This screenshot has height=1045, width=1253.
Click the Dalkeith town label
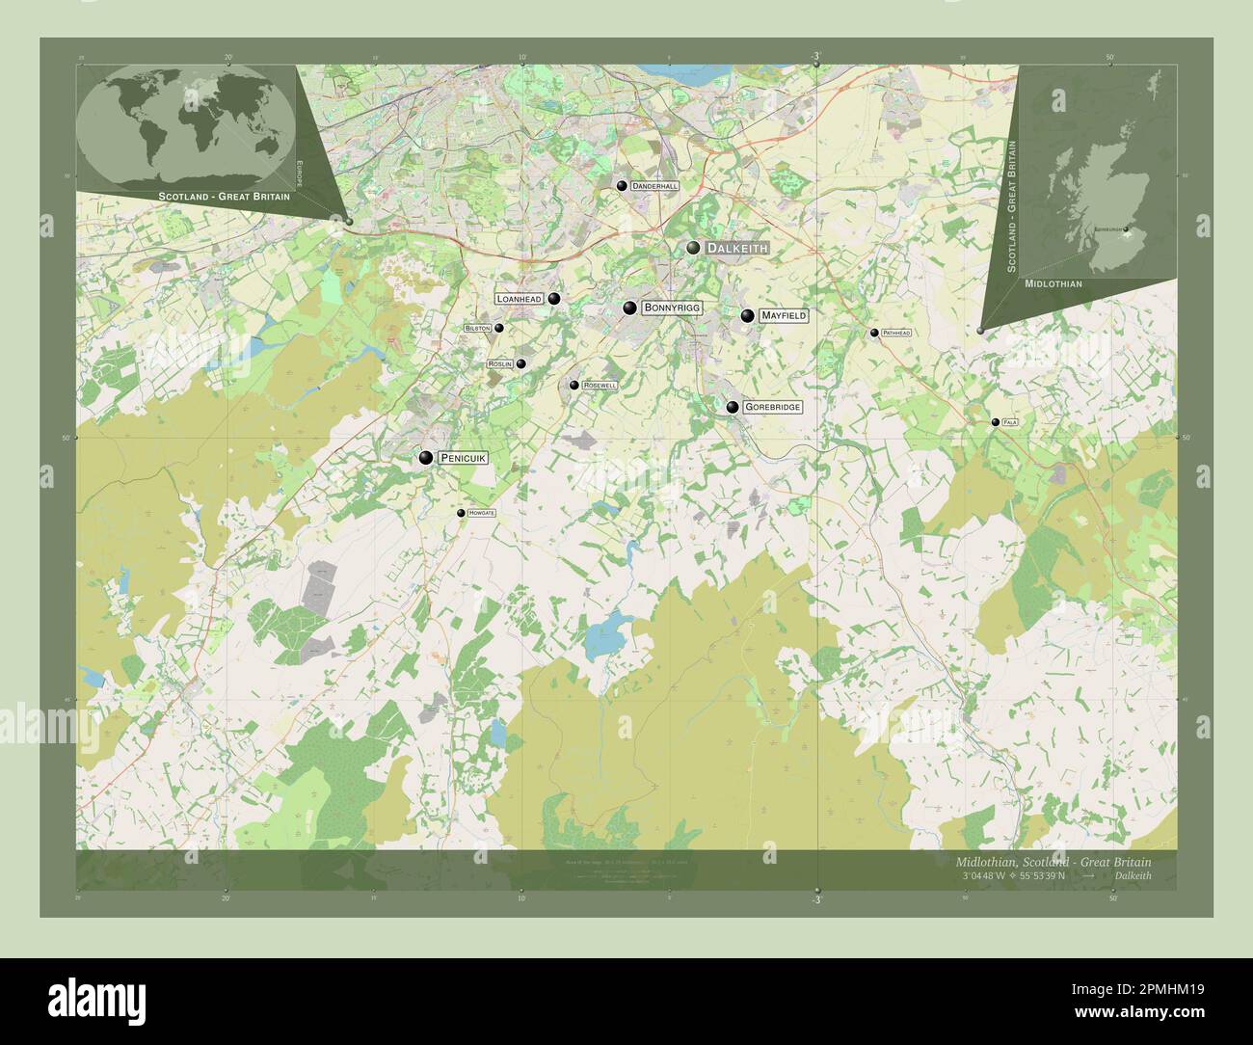737,248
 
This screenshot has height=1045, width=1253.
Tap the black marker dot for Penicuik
425,458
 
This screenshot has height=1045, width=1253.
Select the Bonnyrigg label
672,308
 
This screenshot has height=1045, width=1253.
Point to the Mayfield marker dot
747,315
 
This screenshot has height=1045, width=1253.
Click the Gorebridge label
772,408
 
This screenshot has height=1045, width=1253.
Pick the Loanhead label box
519,299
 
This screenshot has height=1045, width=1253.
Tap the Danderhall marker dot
622,185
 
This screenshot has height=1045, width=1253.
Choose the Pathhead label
895,333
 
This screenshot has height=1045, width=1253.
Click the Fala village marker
995,422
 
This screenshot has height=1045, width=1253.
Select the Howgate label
481,513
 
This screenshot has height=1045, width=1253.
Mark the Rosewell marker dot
573,385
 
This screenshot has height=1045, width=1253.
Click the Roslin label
499,364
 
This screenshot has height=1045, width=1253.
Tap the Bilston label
477,328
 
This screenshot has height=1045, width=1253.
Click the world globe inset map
186,125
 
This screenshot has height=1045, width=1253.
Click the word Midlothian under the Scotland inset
1053,284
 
